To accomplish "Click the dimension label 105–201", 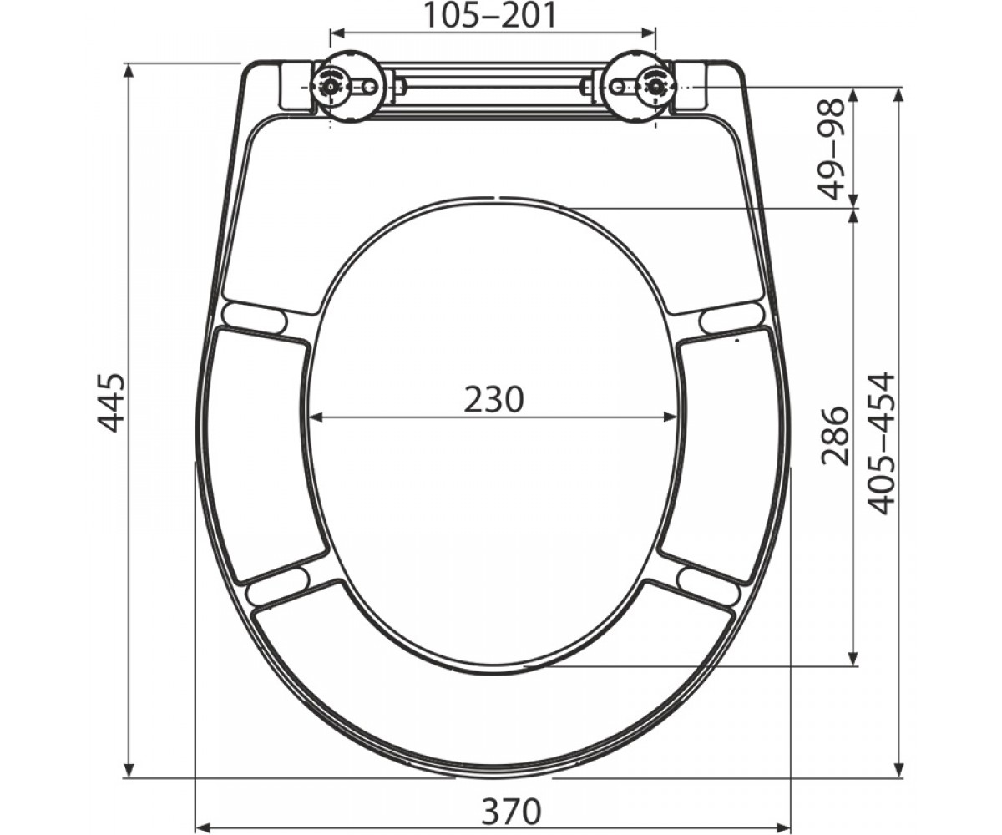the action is (x=490, y=15).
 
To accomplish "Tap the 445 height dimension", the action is (x=111, y=402).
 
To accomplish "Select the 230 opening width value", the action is (x=493, y=400).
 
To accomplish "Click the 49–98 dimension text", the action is (x=831, y=149).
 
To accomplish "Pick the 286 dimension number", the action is (x=835, y=436).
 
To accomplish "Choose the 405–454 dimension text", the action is (x=883, y=443).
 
